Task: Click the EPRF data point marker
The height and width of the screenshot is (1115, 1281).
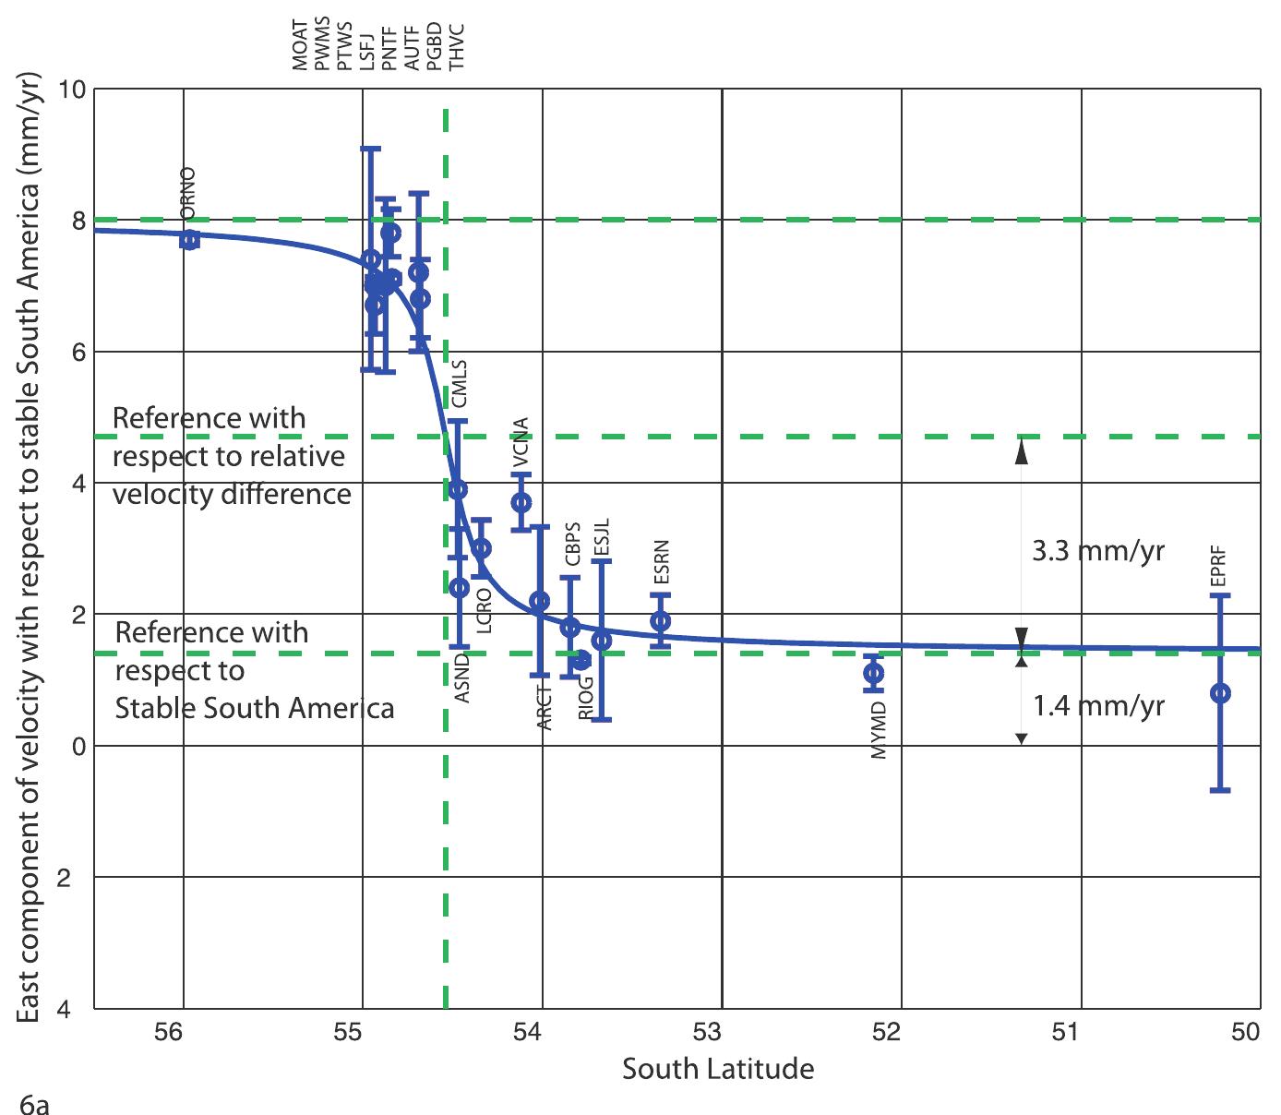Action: tap(1219, 693)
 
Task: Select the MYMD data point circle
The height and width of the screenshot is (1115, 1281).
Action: tap(873, 673)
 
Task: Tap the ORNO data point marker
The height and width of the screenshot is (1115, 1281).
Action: tap(189, 240)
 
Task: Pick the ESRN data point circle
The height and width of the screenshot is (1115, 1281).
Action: tap(660, 621)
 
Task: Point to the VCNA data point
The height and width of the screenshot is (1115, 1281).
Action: tap(521, 502)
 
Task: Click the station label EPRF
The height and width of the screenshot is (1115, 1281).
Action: tap(1217, 566)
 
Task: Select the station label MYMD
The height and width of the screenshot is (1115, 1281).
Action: tap(879, 731)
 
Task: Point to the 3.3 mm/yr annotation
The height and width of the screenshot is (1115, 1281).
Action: tap(1097, 552)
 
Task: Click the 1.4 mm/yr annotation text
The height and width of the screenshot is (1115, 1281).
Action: tap(1097, 707)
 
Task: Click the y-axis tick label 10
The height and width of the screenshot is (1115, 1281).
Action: tap(72, 90)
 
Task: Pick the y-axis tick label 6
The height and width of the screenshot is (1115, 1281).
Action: tap(78, 353)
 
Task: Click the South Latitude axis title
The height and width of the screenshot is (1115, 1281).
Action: tap(718, 1069)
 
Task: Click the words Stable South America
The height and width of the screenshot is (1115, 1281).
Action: tap(255, 708)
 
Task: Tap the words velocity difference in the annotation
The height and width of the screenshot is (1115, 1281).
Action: tap(232, 494)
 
